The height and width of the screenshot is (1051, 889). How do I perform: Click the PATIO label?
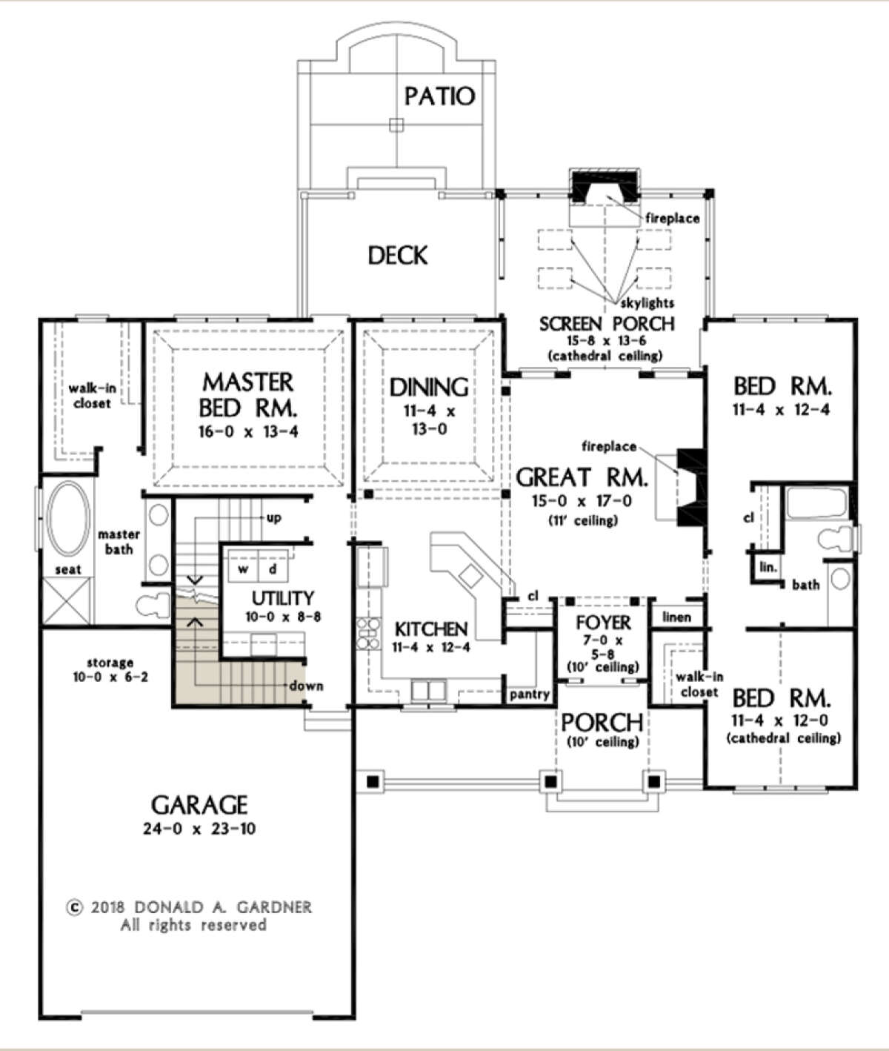tap(439, 96)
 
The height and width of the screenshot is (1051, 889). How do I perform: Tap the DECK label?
tap(398, 255)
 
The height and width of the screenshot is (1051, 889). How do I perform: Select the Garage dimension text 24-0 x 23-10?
tap(199, 829)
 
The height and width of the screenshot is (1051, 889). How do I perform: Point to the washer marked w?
tap(243, 569)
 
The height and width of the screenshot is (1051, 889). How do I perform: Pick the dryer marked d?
tap(273, 569)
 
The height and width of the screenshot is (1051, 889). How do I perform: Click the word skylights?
tap(647, 304)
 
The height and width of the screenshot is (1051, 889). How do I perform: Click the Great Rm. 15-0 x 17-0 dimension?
tap(582, 501)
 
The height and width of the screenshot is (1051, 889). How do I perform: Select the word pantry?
tap(530, 694)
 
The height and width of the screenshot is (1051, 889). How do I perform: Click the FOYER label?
tap(603, 623)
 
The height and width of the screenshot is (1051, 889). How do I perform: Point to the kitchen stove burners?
tap(368, 633)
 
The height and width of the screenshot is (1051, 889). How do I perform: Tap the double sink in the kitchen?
tap(428, 691)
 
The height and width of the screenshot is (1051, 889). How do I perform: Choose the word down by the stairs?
tap(307, 686)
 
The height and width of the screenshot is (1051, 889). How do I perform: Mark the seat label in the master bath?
tap(68, 569)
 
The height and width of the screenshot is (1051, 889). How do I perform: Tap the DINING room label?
tap(429, 388)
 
